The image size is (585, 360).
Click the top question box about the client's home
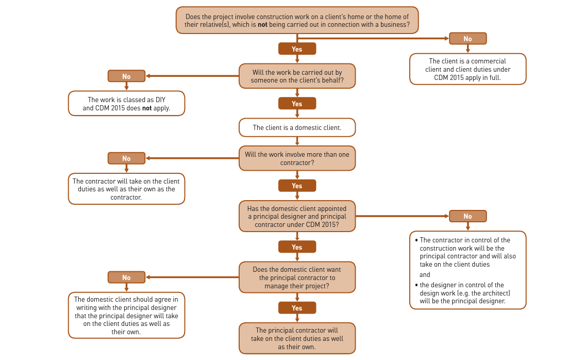(297, 21)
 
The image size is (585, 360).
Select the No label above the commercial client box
(467, 39)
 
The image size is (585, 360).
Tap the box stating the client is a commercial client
(467, 69)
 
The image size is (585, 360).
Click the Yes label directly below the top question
(297, 49)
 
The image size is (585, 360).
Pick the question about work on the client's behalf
(297, 76)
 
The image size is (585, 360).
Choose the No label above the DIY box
(126, 76)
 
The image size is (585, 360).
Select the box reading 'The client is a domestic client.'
(297, 127)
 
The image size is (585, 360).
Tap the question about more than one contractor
(297, 158)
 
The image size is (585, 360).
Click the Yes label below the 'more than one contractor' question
(297, 186)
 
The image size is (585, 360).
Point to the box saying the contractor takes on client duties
(126, 189)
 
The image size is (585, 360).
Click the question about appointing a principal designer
(297, 216)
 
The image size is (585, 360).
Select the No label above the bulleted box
(467, 216)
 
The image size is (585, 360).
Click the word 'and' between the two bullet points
(425, 275)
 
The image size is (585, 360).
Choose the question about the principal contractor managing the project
(297, 277)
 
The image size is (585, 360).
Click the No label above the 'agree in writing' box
(126, 277)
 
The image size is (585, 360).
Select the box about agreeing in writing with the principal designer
(126, 315)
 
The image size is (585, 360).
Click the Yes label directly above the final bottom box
(297, 308)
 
